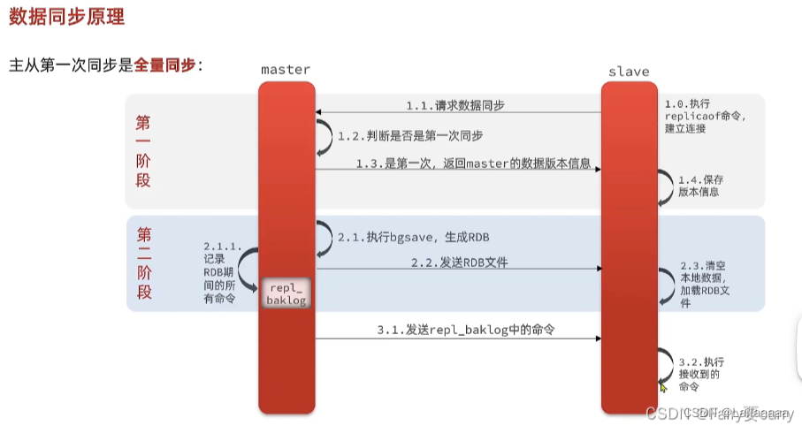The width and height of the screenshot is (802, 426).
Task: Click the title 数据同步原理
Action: click(x=66, y=16)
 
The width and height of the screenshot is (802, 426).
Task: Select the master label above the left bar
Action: click(x=286, y=69)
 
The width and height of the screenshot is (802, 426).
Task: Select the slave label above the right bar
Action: click(x=629, y=71)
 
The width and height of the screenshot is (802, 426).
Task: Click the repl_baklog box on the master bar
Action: click(x=285, y=294)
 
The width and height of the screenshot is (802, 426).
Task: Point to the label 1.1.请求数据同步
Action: click(x=455, y=105)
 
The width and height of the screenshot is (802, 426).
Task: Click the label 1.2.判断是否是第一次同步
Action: click(x=410, y=136)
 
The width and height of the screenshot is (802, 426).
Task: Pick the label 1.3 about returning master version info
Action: click(x=472, y=164)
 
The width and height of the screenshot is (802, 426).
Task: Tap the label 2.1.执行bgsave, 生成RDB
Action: click(x=413, y=237)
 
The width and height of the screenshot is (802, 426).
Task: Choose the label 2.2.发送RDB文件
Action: click(x=458, y=262)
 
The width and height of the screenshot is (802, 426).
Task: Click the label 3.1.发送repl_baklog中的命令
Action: click(x=470, y=330)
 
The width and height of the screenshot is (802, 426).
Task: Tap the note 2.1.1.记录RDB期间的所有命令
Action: click(x=220, y=272)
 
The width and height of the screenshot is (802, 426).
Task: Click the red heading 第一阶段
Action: click(x=143, y=150)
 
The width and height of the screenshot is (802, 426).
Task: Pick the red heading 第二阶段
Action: click(x=143, y=262)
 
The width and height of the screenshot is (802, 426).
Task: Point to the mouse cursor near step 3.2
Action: click(x=663, y=388)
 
